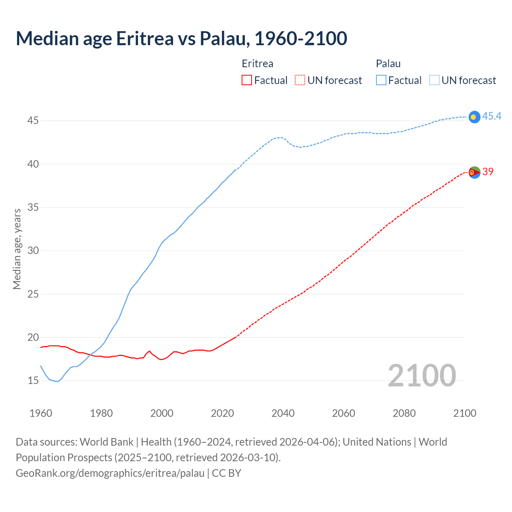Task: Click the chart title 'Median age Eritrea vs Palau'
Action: point(181,38)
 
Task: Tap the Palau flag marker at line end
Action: point(474,117)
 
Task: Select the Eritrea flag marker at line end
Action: point(474,172)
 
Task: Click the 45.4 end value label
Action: point(492,116)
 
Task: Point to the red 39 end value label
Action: point(488,172)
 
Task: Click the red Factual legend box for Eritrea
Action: point(247,80)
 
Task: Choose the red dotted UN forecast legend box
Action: point(300,80)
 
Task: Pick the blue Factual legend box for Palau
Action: point(381,80)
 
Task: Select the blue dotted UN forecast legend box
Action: point(434,80)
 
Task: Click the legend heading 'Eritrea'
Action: point(258,64)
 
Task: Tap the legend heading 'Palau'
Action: point(388,64)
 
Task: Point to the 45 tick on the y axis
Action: point(33,120)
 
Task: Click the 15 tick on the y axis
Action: point(33,380)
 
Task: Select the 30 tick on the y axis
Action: point(33,250)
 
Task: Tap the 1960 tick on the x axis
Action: point(41,413)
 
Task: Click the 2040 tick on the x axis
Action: point(283,413)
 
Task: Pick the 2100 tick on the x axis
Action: point(465,413)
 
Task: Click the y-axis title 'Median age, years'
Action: point(17,249)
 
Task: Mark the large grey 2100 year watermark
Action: point(422,376)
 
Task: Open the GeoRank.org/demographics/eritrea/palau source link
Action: point(110,473)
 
